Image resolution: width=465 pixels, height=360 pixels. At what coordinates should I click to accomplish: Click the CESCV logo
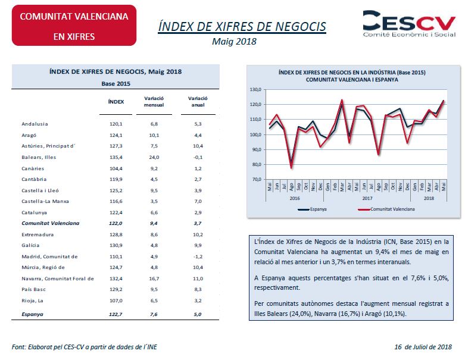[x=409, y=24]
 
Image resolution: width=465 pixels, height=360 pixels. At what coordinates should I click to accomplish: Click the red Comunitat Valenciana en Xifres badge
[x=74, y=26]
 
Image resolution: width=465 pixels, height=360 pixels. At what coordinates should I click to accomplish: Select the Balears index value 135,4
[x=116, y=157]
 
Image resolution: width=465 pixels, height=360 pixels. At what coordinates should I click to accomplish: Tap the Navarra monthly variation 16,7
[x=154, y=278]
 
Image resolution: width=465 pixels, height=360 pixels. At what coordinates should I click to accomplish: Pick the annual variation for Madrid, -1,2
[x=198, y=256]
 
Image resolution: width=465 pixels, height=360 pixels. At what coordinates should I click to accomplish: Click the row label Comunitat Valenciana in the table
[x=51, y=223]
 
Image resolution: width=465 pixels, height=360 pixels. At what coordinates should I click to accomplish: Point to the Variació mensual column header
[x=154, y=102]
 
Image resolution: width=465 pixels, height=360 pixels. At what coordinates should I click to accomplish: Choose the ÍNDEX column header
[x=116, y=102]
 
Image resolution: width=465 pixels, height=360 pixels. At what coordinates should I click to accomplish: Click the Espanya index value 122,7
[x=116, y=314]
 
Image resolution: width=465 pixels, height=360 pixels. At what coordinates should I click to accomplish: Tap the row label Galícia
[x=30, y=245]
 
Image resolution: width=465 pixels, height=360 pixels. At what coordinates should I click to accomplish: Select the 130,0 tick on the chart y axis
[x=256, y=89]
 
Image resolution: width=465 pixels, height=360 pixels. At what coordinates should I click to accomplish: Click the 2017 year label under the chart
[x=367, y=198]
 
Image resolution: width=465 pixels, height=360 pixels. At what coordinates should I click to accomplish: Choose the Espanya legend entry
[x=312, y=209]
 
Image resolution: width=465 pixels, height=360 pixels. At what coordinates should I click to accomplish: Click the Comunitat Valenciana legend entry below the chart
[x=386, y=209]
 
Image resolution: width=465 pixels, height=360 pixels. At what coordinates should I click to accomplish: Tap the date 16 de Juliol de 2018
[x=423, y=347]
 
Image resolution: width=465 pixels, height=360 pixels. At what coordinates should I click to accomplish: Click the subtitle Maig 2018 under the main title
[x=234, y=42]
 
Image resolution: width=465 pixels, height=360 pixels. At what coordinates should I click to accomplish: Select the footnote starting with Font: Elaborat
[x=84, y=347]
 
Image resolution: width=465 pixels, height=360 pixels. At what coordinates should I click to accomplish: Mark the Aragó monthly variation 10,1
[x=154, y=136]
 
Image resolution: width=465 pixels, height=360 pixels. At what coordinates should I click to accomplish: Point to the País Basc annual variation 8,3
[x=198, y=289]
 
